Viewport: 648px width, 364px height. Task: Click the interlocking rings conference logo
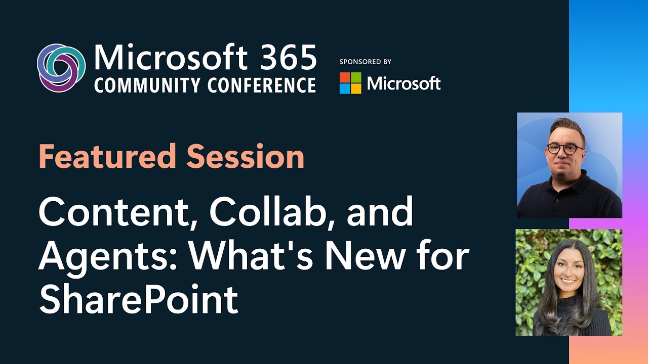pos(61,68)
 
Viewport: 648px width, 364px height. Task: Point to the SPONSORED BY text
pos(365,62)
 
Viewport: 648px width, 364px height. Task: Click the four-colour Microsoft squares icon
pos(350,83)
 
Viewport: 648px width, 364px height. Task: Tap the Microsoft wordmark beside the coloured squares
pos(403,83)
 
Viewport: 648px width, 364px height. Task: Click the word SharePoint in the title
pos(138,299)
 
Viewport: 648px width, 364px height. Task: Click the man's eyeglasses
pos(564,149)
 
